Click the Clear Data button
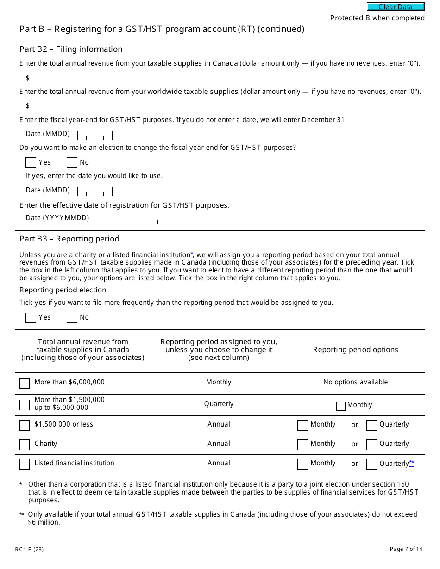[x=396, y=6]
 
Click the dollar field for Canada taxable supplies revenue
[x=56, y=78]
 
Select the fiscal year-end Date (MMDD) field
[x=95, y=135]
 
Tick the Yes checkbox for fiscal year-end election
[x=31, y=162]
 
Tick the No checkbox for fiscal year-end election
[x=72, y=162]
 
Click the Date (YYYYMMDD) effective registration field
[x=131, y=219]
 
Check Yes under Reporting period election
[x=31, y=317]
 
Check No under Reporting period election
[x=72, y=317]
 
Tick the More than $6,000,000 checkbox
[x=25, y=383]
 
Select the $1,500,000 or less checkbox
[x=25, y=425]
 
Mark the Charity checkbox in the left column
[x=25, y=445]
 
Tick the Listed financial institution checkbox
[x=25, y=464]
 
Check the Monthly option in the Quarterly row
[x=341, y=406]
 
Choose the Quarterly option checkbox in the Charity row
[x=371, y=445]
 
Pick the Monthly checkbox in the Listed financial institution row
[x=302, y=464]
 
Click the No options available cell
[x=355, y=382]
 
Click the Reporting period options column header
[x=355, y=350]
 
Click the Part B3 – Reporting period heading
[x=69, y=239]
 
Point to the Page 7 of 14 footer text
[x=406, y=549]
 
